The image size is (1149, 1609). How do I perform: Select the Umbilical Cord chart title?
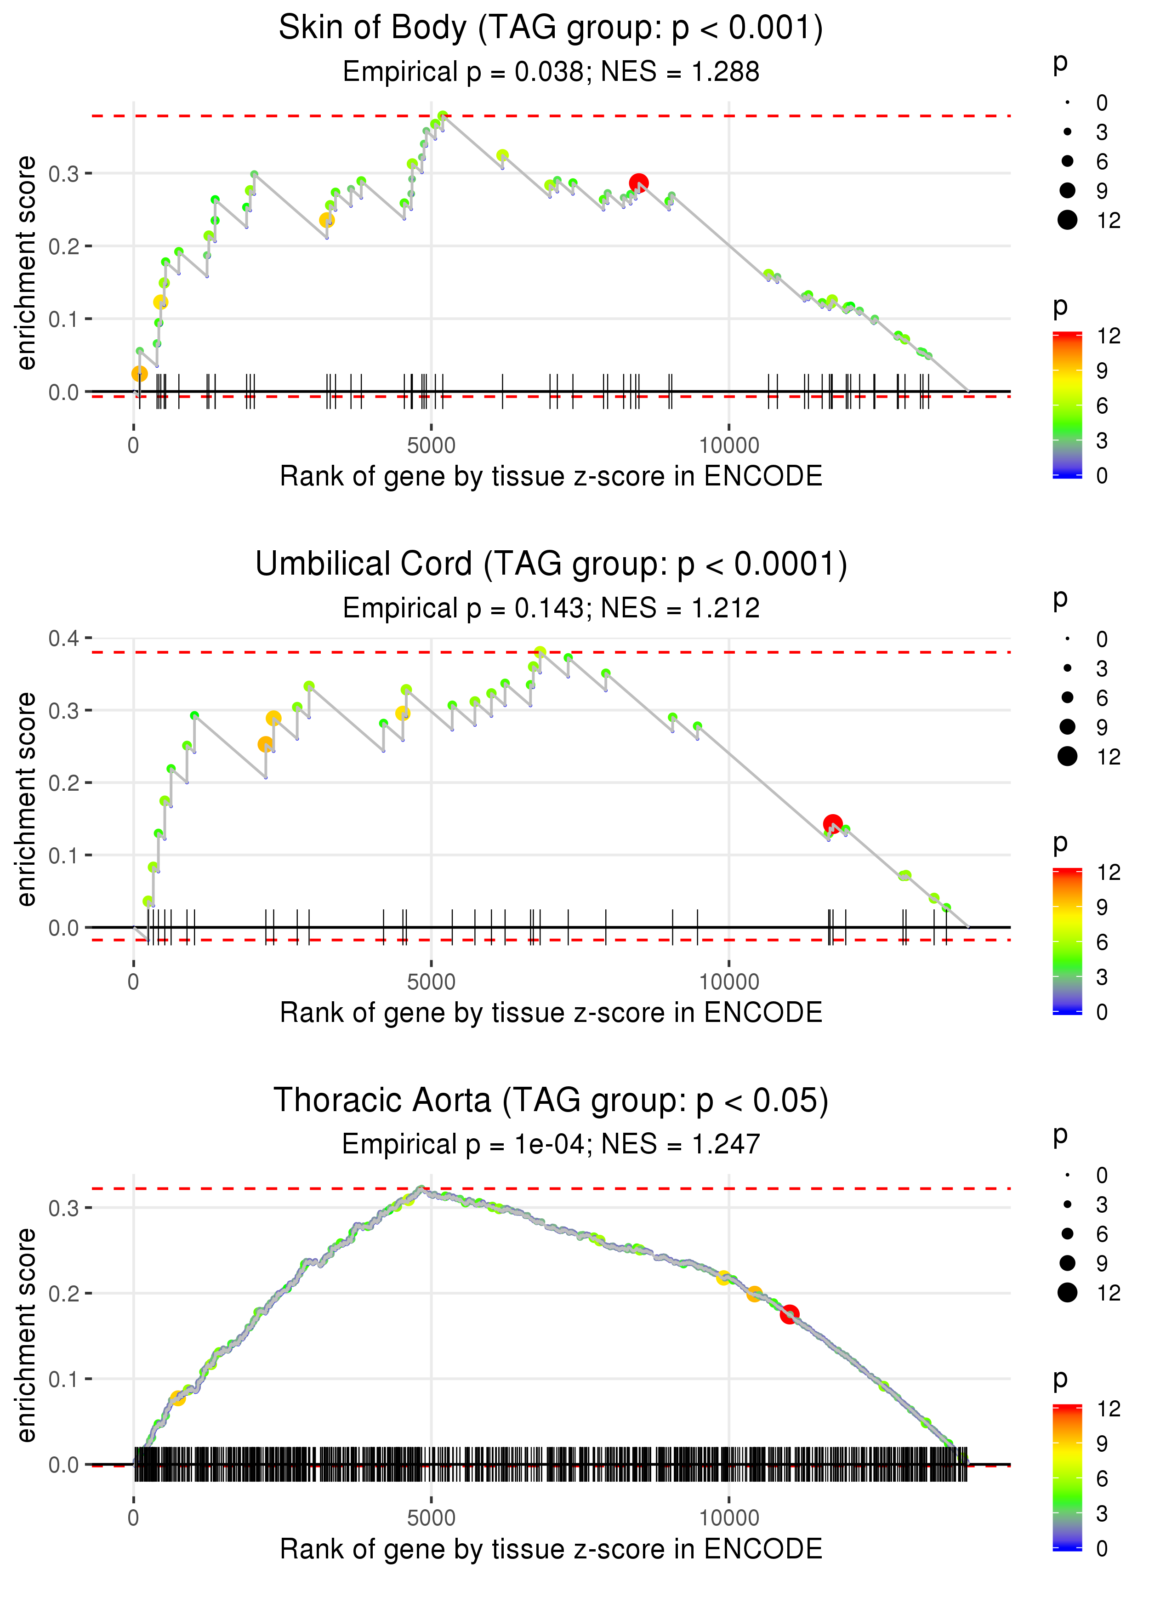click(x=551, y=565)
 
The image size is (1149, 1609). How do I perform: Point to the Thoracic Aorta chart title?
click(x=551, y=1100)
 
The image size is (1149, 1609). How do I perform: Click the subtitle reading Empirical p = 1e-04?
click(x=551, y=1144)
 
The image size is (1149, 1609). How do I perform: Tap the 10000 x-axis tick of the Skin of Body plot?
click(x=729, y=446)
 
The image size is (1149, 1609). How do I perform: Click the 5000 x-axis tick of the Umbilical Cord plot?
click(x=431, y=982)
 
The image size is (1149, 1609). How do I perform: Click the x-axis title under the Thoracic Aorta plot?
click(x=551, y=1549)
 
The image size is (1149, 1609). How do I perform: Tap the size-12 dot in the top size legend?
click(x=1068, y=220)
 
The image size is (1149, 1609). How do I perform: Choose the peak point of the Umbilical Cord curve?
click(x=540, y=652)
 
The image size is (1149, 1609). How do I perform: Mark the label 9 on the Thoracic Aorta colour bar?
click(x=1102, y=1444)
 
